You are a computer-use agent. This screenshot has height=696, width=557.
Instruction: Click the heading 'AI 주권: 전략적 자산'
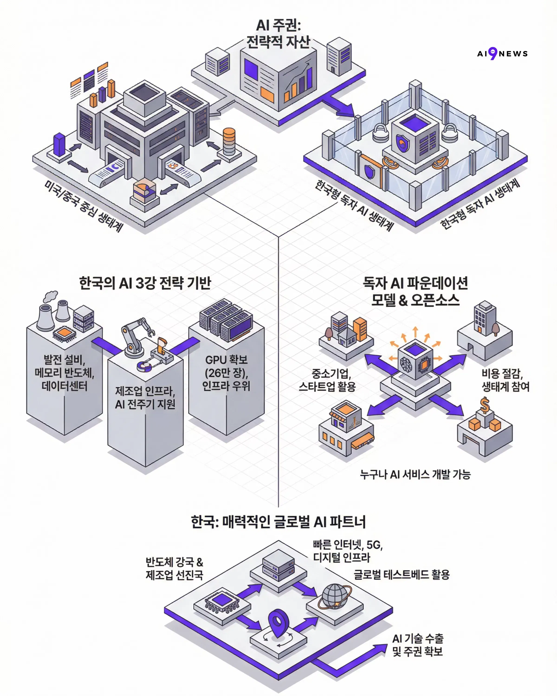(x=278, y=34)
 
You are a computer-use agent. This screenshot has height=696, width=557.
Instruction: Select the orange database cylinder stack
(x=229, y=141)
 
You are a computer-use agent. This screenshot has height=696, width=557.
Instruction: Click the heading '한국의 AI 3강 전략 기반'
(x=145, y=283)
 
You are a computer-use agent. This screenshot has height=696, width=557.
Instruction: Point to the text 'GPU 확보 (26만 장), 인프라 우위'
(x=226, y=373)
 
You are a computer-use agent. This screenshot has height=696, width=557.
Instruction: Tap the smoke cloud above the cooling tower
(x=51, y=296)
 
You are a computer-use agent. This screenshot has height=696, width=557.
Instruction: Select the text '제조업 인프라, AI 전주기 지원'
(x=145, y=397)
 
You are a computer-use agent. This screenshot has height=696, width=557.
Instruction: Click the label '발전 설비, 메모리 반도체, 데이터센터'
(x=64, y=373)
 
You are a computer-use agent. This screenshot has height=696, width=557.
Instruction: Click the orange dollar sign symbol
(x=484, y=405)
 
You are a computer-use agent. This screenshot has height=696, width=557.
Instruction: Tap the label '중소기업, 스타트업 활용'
(x=327, y=380)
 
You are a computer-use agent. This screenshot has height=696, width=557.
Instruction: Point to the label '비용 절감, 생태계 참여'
(x=505, y=380)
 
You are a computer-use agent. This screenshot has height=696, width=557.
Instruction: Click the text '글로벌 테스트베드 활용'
(x=401, y=575)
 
